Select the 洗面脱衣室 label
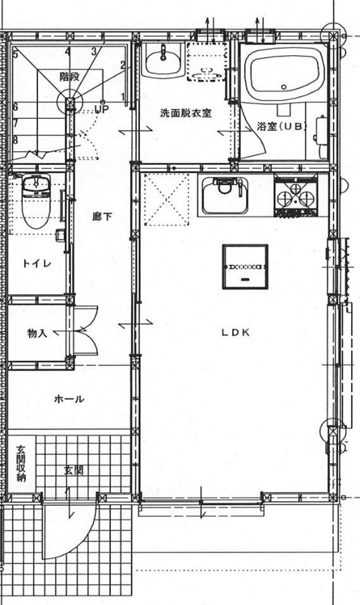pos(185,113)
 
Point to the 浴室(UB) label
pos(282,125)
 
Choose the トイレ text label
pos(36,263)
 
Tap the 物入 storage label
pos(37,333)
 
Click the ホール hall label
pos(69,399)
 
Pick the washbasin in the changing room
pos(162,60)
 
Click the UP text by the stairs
pos(101,109)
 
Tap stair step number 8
pos(15,139)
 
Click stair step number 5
pos(15,54)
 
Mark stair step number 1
pos(122,96)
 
